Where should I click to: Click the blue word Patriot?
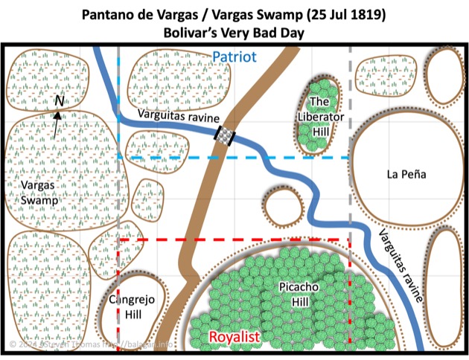click(x=234, y=57)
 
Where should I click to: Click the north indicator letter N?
click(x=60, y=100)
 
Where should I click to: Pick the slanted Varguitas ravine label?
click(x=399, y=263)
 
